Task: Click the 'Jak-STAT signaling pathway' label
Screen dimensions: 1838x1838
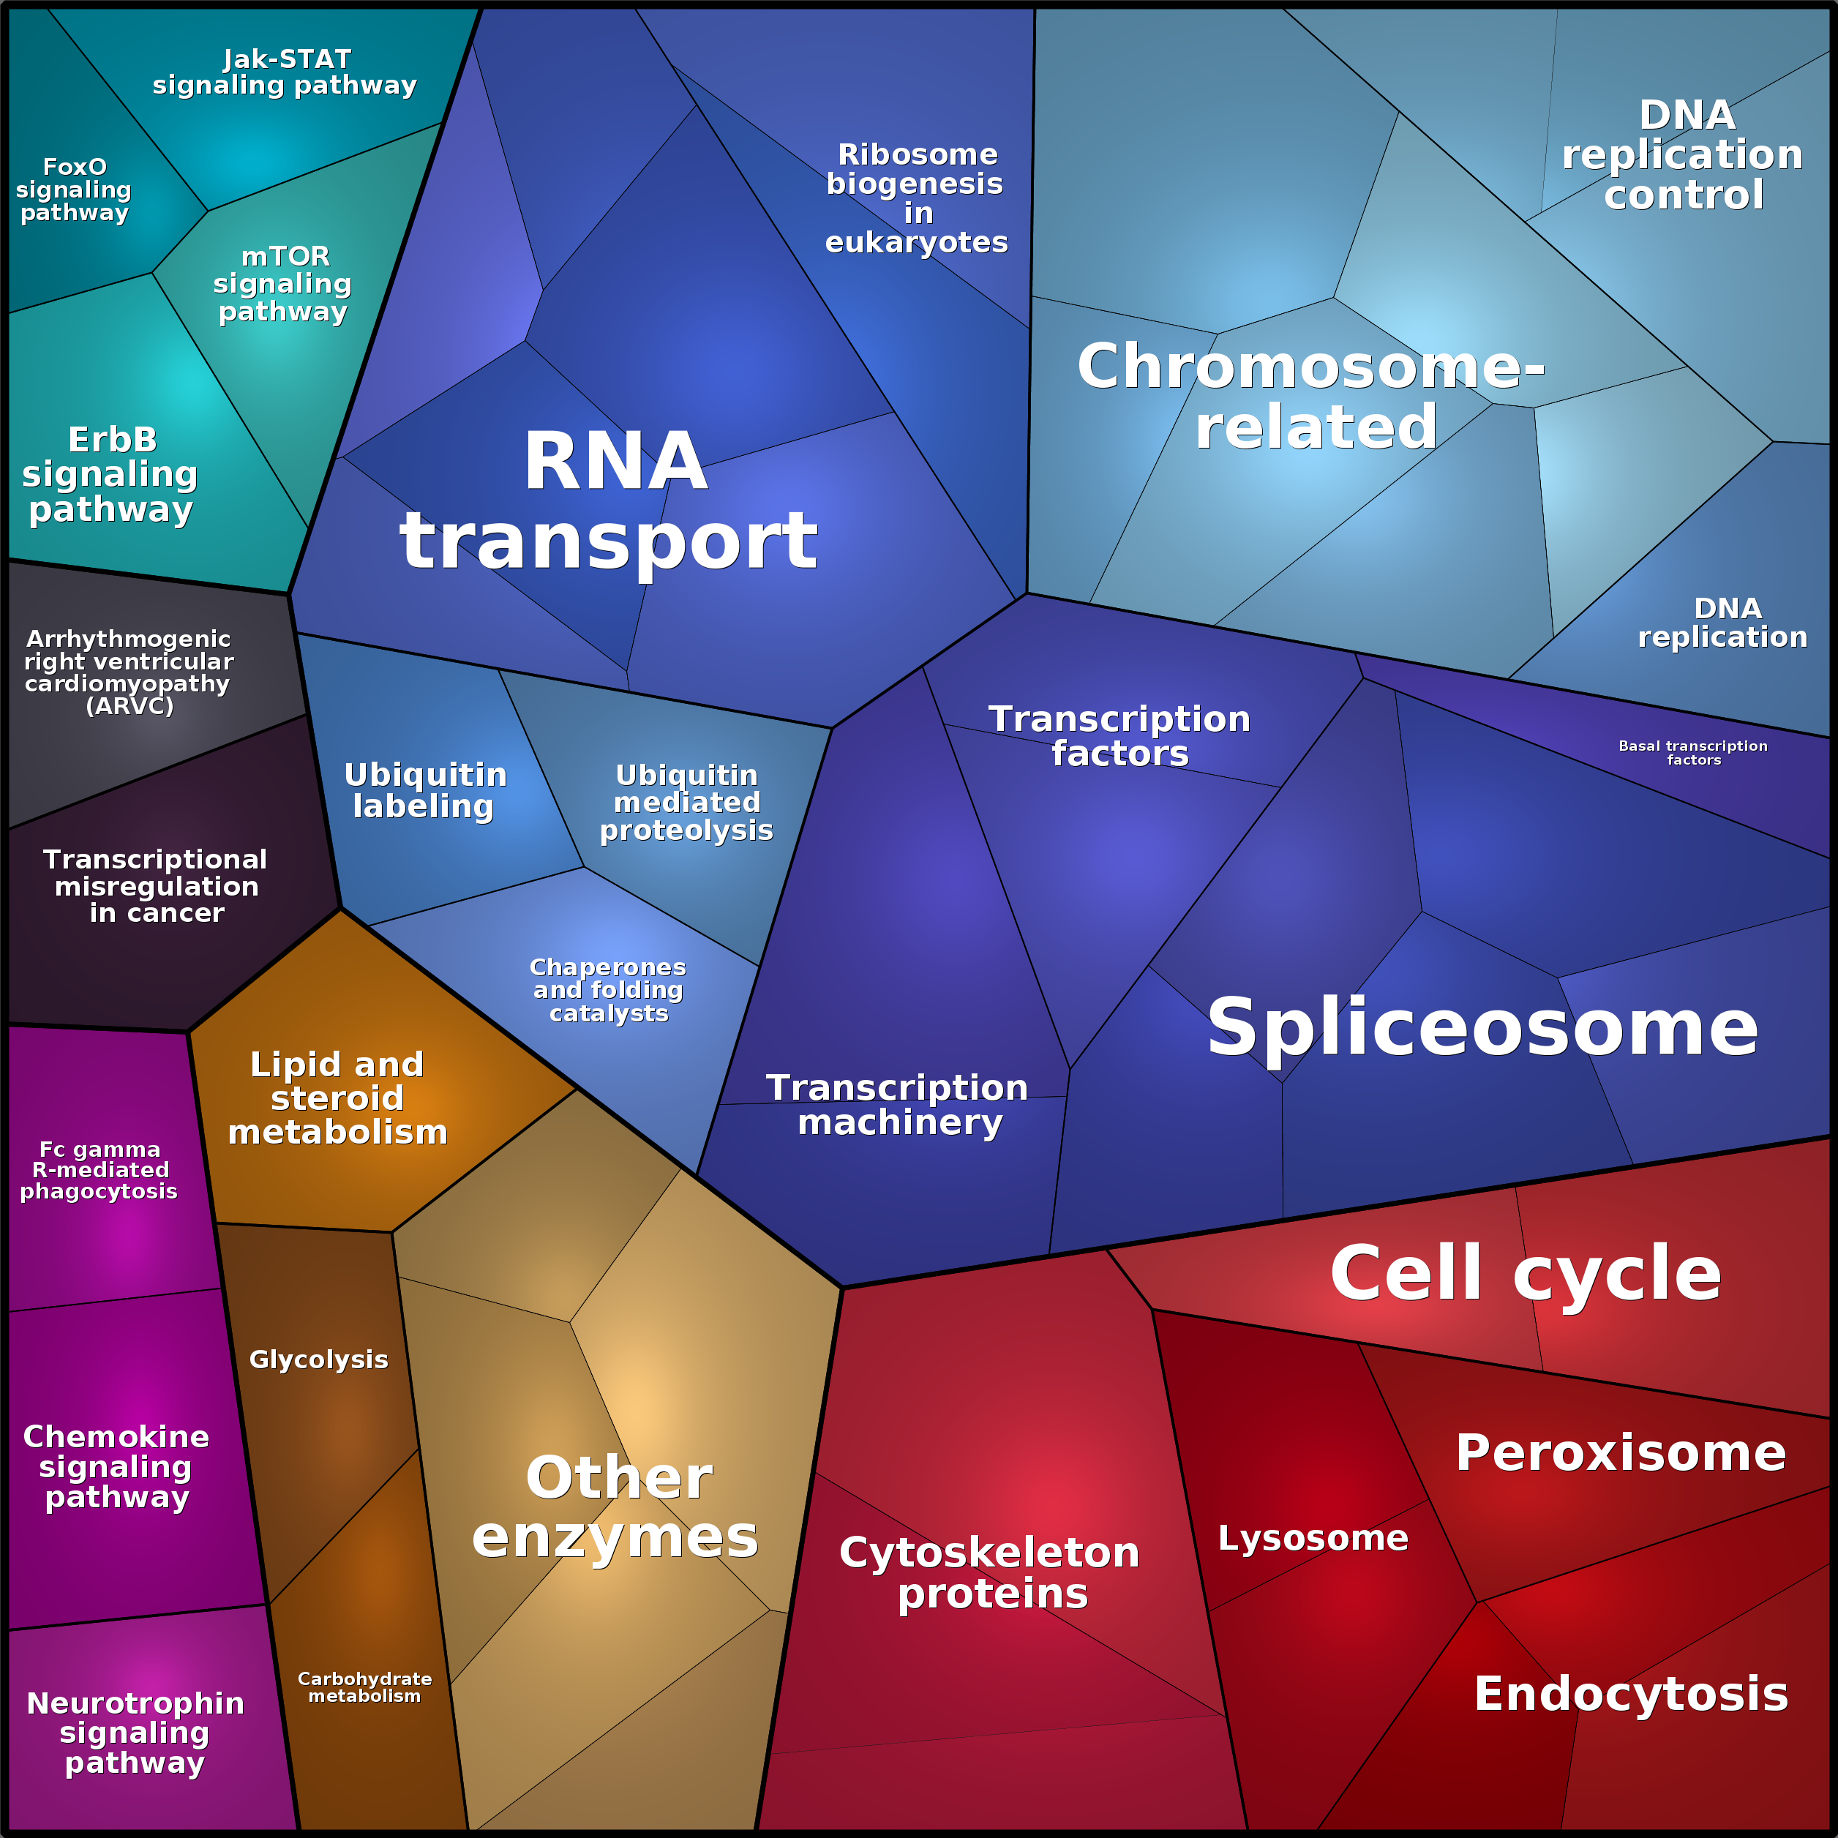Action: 285,72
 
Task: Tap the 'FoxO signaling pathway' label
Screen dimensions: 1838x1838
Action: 74,190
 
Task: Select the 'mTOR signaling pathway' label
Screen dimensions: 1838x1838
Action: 283,283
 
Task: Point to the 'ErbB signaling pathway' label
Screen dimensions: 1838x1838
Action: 110,474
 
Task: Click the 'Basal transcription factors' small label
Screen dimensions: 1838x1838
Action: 1693,752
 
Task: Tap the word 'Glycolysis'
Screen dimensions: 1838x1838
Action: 319,1359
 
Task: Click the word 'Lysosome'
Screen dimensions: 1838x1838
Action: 1313,1537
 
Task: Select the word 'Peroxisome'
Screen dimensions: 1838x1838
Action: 1620,1452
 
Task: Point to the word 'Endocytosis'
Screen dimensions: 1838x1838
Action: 1631,1695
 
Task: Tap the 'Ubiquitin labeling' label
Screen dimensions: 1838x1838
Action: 424,789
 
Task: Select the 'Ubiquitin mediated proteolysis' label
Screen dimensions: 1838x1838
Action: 686,802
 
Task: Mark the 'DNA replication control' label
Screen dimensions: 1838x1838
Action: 1683,155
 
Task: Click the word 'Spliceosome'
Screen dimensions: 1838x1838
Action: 1482,1027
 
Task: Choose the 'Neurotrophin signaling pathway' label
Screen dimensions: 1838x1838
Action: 135,1733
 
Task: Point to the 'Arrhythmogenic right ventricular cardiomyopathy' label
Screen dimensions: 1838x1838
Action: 129,672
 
